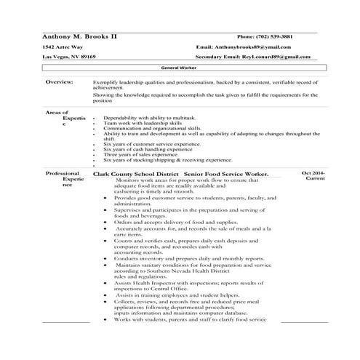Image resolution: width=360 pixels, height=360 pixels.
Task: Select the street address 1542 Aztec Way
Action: (63, 46)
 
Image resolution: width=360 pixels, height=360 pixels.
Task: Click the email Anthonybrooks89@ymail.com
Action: (248, 46)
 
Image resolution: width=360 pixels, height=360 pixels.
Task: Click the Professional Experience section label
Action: (63, 179)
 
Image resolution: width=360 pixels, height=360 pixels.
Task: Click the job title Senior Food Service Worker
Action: (226, 174)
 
